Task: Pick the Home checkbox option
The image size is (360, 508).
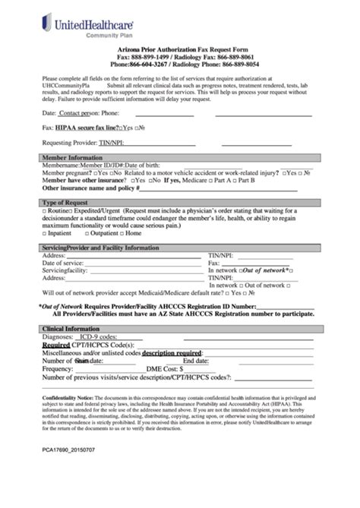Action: tap(150, 234)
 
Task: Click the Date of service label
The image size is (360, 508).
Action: tap(65, 263)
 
